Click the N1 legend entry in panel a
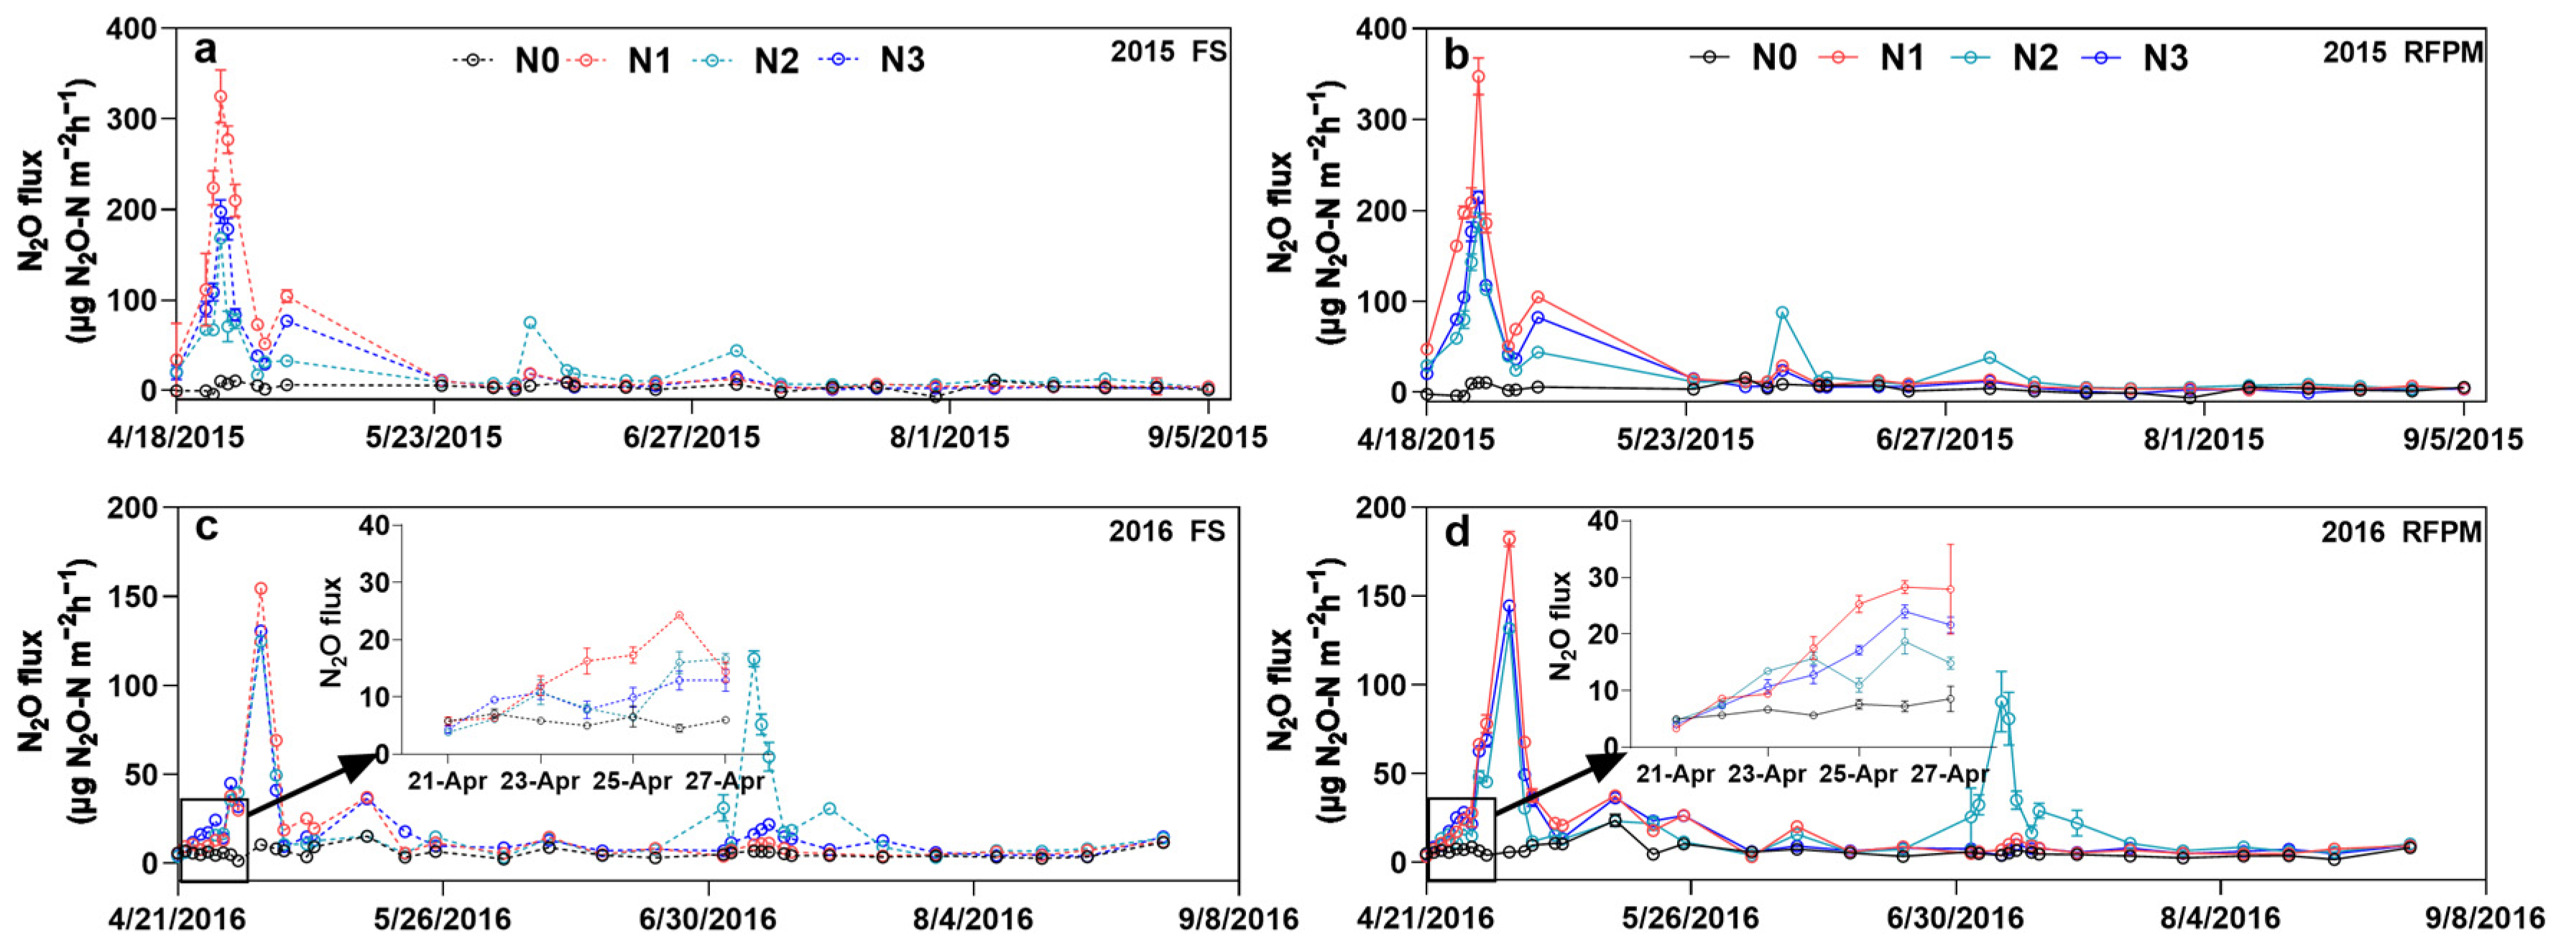619,60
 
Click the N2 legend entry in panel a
746,60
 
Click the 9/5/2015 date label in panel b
2463,439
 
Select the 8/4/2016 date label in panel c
972,918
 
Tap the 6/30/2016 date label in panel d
1955,917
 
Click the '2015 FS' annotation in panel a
1168,52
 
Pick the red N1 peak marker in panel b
1478,77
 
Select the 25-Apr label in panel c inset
632,781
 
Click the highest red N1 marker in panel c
260,589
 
